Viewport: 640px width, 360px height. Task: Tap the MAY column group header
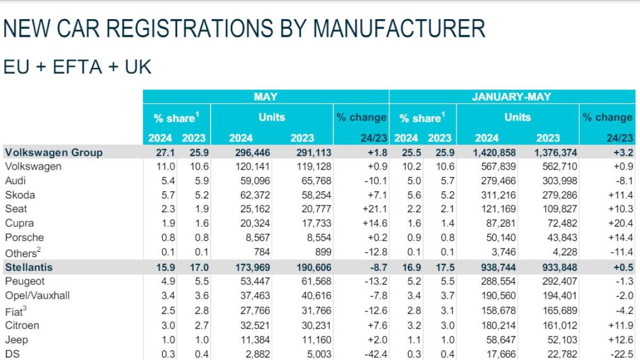tap(265, 97)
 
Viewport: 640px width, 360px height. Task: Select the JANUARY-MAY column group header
tap(511, 97)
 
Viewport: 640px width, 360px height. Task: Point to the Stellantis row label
tap(29, 267)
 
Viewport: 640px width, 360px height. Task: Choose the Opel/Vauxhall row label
tap(37, 295)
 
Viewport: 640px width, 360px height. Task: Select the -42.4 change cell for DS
tap(374, 354)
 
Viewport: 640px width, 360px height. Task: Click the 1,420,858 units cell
tap(494, 153)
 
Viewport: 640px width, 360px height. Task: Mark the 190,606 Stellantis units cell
tap(310, 267)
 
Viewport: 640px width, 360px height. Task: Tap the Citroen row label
tap(22, 325)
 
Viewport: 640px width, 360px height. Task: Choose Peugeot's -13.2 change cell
tap(374, 281)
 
